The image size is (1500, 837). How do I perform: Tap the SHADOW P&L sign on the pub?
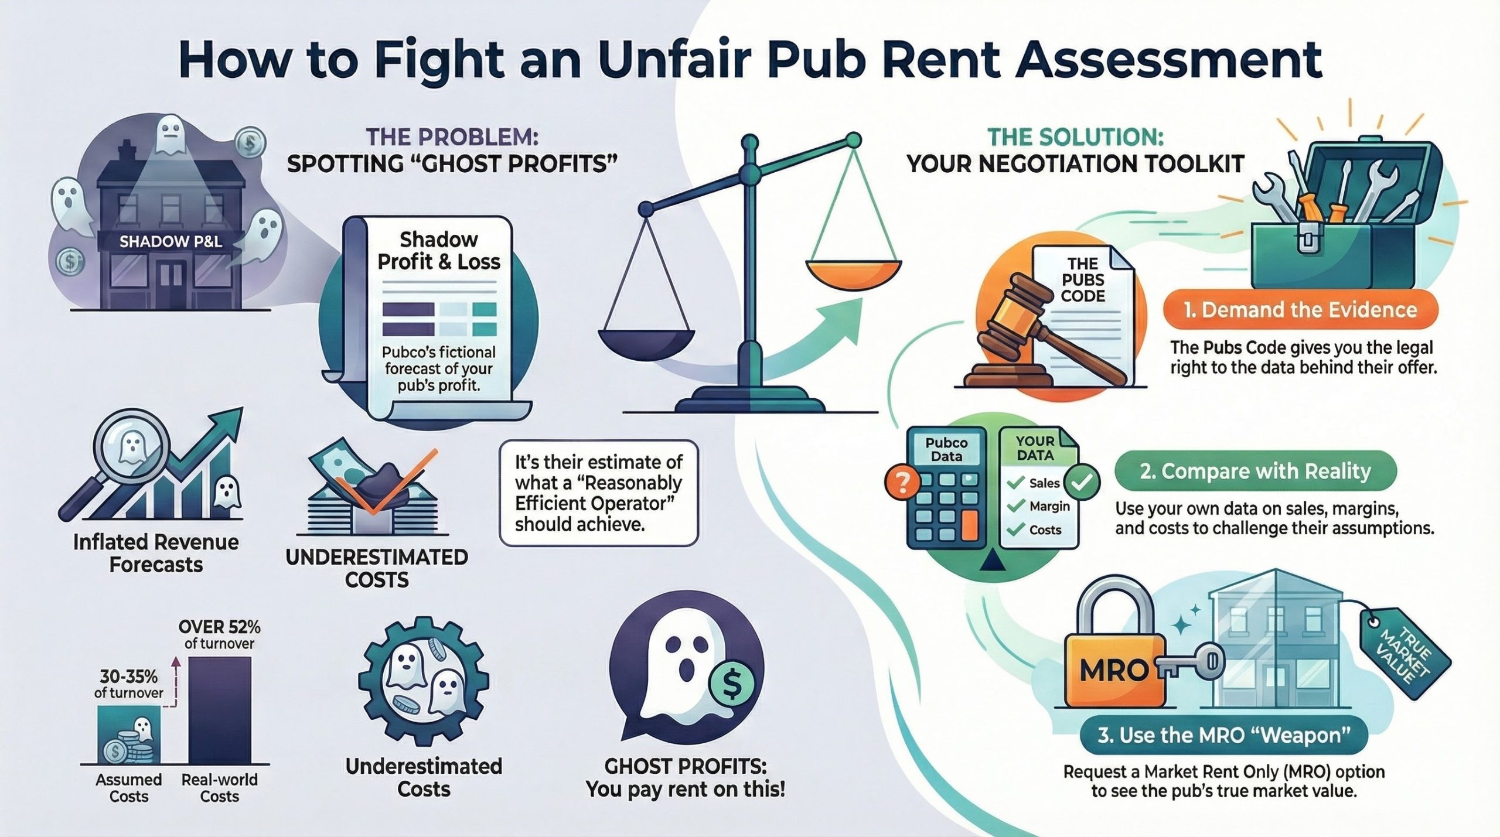(x=171, y=241)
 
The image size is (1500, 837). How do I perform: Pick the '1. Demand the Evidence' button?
(x=1299, y=310)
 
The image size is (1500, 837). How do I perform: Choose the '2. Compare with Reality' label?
(x=1254, y=472)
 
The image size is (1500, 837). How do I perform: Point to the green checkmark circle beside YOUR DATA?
(x=1081, y=482)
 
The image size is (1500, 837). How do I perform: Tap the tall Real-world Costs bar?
(x=219, y=710)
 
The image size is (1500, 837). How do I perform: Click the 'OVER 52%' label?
(x=219, y=627)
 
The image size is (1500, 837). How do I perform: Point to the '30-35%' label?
(x=128, y=677)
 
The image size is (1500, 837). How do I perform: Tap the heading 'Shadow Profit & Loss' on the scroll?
(x=439, y=251)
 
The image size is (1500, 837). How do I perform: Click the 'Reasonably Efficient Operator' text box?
(x=598, y=493)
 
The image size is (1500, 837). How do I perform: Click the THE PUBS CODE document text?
(x=1082, y=279)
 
